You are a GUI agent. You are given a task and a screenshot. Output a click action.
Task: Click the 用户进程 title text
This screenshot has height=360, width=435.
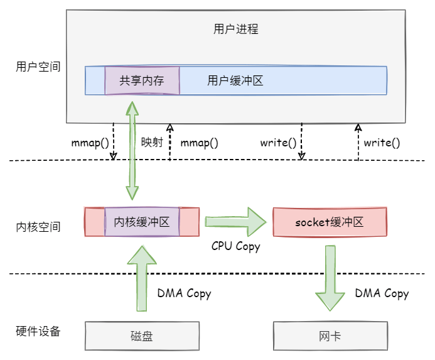coord(236,29)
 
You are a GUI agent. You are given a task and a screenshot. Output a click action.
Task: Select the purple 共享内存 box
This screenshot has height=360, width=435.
coord(142,80)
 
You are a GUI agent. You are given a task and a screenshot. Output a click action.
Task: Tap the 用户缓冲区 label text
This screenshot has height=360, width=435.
coord(234,80)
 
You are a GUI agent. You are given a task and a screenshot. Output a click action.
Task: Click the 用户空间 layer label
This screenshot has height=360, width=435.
coord(38,66)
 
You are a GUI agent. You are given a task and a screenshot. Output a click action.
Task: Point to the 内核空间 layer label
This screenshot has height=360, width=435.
coord(38,226)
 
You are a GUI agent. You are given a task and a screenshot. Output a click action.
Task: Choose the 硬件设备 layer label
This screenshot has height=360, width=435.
coord(38,331)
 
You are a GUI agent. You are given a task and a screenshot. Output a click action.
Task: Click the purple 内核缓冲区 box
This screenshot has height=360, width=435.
coord(142,222)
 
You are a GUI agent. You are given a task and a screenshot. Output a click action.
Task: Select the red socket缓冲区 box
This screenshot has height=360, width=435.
coord(330,222)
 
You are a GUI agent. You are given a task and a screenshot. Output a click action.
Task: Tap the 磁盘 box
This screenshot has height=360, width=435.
coord(142,336)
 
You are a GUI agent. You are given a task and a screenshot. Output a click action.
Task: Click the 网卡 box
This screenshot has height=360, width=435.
coord(330,336)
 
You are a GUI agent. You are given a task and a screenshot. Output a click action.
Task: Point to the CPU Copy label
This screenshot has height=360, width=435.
coord(235,246)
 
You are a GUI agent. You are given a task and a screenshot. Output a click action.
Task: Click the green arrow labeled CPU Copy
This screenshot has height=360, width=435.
coord(235,222)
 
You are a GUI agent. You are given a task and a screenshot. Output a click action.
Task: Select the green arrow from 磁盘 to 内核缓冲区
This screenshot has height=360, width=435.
coord(142,276)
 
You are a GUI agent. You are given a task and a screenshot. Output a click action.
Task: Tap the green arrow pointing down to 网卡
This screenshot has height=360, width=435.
coord(330,276)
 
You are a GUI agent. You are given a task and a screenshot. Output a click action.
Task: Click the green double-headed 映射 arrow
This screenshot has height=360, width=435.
coord(132,151)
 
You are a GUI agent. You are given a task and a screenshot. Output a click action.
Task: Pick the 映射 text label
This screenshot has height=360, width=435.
coord(152,142)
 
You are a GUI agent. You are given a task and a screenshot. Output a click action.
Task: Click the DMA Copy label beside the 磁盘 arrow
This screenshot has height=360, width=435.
coord(184,293)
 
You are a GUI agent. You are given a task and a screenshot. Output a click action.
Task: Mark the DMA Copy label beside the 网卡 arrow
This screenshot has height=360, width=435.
coord(382,293)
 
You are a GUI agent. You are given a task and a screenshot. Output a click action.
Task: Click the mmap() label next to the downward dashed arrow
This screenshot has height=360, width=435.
coord(90,142)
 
